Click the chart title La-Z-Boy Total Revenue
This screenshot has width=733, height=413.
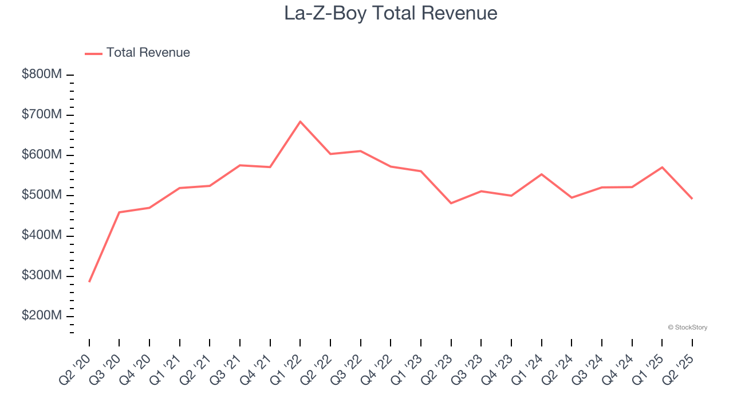point(391,13)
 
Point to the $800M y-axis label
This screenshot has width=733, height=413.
point(42,75)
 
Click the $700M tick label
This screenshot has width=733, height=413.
point(42,115)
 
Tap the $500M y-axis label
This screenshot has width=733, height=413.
point(42,196)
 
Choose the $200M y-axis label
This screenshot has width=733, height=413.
point(42,316)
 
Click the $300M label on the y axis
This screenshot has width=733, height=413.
point(42,276)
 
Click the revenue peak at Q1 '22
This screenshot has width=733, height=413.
point(300,122)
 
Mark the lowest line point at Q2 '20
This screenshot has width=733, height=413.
point(89,281)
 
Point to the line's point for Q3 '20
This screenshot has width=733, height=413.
point(119,212)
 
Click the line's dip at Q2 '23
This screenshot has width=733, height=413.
point(451,203)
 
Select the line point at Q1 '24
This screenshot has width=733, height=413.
point(541,174)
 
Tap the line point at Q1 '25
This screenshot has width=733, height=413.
point(662,167)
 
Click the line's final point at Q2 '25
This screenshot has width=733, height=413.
point(692,198)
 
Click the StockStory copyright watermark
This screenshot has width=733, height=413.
point(687,328)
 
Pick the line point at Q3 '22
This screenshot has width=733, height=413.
point(360,151)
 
